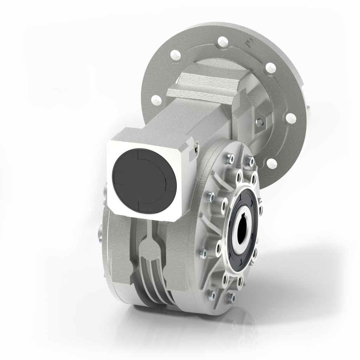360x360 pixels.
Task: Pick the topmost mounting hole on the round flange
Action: (221, 41)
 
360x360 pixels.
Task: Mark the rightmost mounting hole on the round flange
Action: (290, 118)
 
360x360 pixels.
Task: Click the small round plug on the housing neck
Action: (259, 122)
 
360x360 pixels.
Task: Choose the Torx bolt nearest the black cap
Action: (210, 195)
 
